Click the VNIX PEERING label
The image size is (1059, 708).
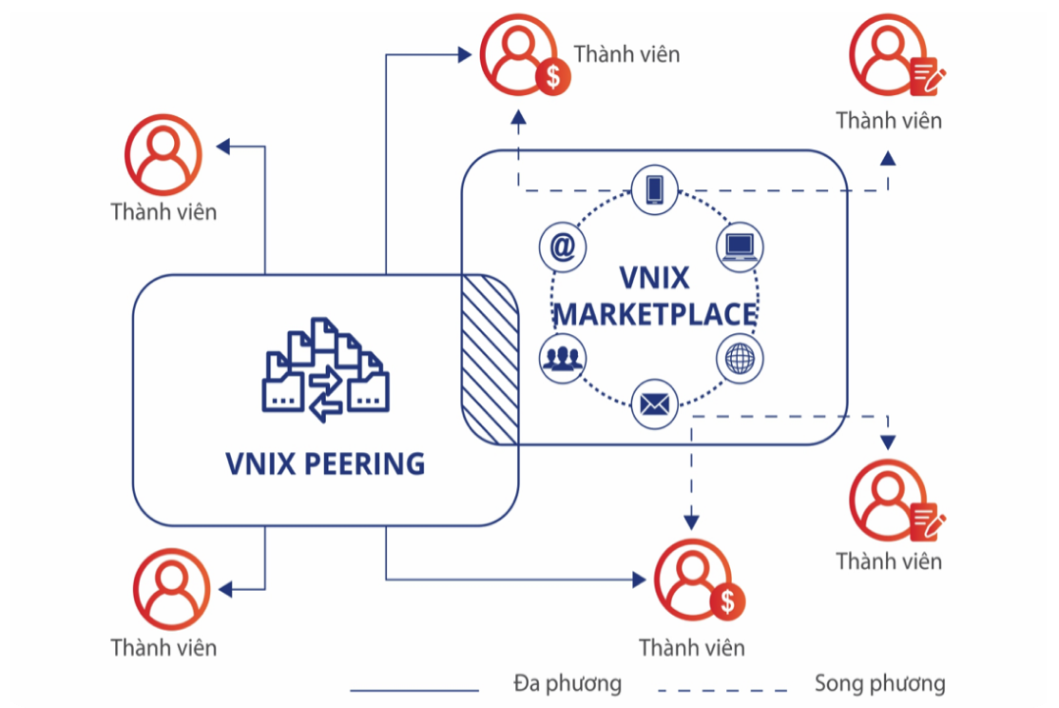coord(325,463)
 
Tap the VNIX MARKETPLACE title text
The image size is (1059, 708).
coord(655,295)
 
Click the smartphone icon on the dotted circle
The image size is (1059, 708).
coord(654,187)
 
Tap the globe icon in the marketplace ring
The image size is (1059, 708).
coord(740,359)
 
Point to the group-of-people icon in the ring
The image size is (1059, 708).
coord(563,359)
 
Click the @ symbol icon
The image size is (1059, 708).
coord(562,247)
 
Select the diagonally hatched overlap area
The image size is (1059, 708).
coord(490,360)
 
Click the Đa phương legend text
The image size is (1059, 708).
coord(568,683)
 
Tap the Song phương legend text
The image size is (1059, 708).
coord(880,683)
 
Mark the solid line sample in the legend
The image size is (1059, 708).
coord(414,689)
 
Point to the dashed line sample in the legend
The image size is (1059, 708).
coord(722,689)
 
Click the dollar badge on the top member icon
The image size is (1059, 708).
coord(552,77)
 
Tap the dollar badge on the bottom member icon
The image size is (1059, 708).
coord(727,600)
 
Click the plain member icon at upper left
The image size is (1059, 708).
coord(164,154)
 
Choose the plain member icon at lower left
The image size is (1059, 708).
coord(171,587)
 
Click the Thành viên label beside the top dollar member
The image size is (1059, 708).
coord(626,54)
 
